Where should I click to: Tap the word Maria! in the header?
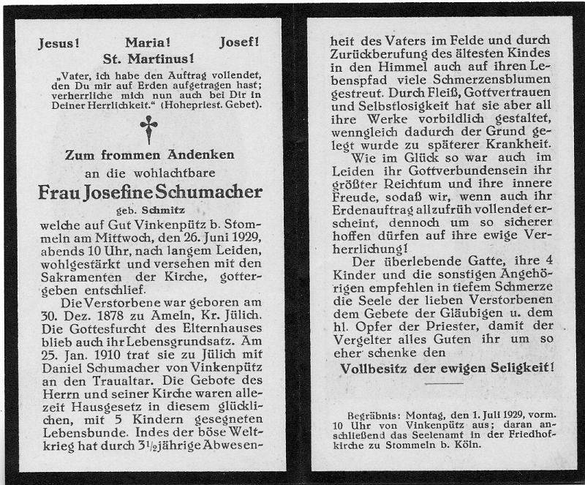coord(148,43)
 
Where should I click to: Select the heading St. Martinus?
coord(148,59)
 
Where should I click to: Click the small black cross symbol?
coord(149,129)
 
